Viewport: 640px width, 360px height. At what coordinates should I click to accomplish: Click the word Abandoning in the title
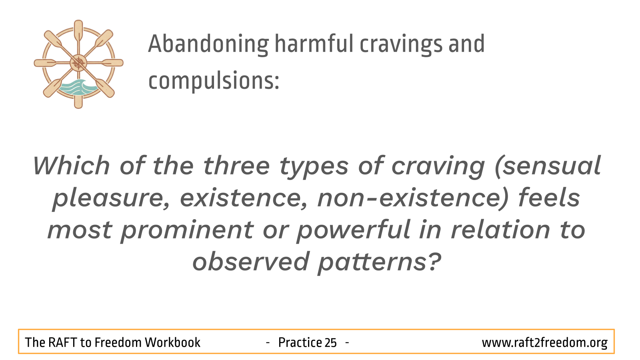click(x=208, y=44)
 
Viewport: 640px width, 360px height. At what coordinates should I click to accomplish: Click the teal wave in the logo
click(x=78, y=87)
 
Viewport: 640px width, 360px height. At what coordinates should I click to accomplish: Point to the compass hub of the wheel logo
click(x=78, y=63)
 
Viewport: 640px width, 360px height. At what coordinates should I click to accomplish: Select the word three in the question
click(x=236, y=166)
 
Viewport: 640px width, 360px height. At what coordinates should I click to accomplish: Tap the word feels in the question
click(x=549, y=198)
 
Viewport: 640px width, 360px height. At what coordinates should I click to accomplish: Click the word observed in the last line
click(x=250, y=262)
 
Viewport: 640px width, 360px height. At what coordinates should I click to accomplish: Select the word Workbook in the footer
click(x=172, y=342)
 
